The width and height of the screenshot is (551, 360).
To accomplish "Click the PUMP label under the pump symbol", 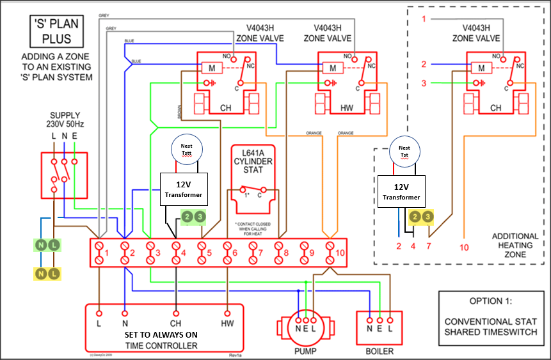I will pos(305,350).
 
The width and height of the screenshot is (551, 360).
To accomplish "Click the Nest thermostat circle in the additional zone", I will pos(404,151).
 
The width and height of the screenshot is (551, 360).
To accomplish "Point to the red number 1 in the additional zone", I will pos(424,19).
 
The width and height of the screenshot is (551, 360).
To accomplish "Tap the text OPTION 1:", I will pos(489,301).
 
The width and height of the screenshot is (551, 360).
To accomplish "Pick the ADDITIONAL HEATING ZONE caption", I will pos(515,246).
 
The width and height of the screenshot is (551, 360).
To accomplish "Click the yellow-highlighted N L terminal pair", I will pos(48,274).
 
